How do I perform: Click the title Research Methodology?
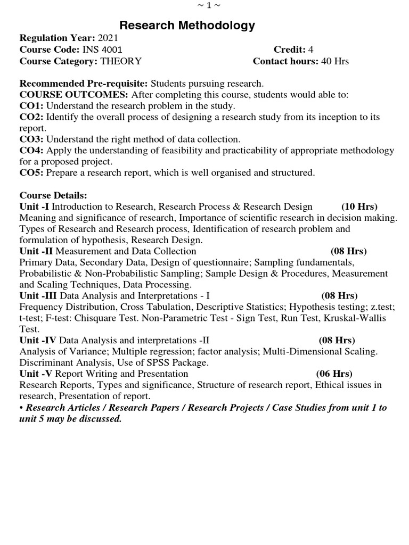click(x=187, y=26)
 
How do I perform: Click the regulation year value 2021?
click(x=109, y=38)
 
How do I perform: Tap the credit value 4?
click(x=310, y=49)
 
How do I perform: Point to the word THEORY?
click(x=121, y=61)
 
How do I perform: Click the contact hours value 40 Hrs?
click(x=334, y=61)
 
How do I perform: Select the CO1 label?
click(x=31, y=106)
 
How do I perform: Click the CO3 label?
click(x=31, y=139)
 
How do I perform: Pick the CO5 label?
click(x=31, y=173)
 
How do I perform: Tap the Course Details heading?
click(x=53, y=195)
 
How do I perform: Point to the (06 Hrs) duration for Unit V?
click(x=334, y=374)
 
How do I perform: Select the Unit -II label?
click(x=36, y=251)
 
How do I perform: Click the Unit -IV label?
click(x=38, y=340)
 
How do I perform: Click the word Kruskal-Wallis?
click(x=356, y=318)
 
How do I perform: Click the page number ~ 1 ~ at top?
click(x=208, y=5)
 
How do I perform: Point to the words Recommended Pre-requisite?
click(x=84, y=84)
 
